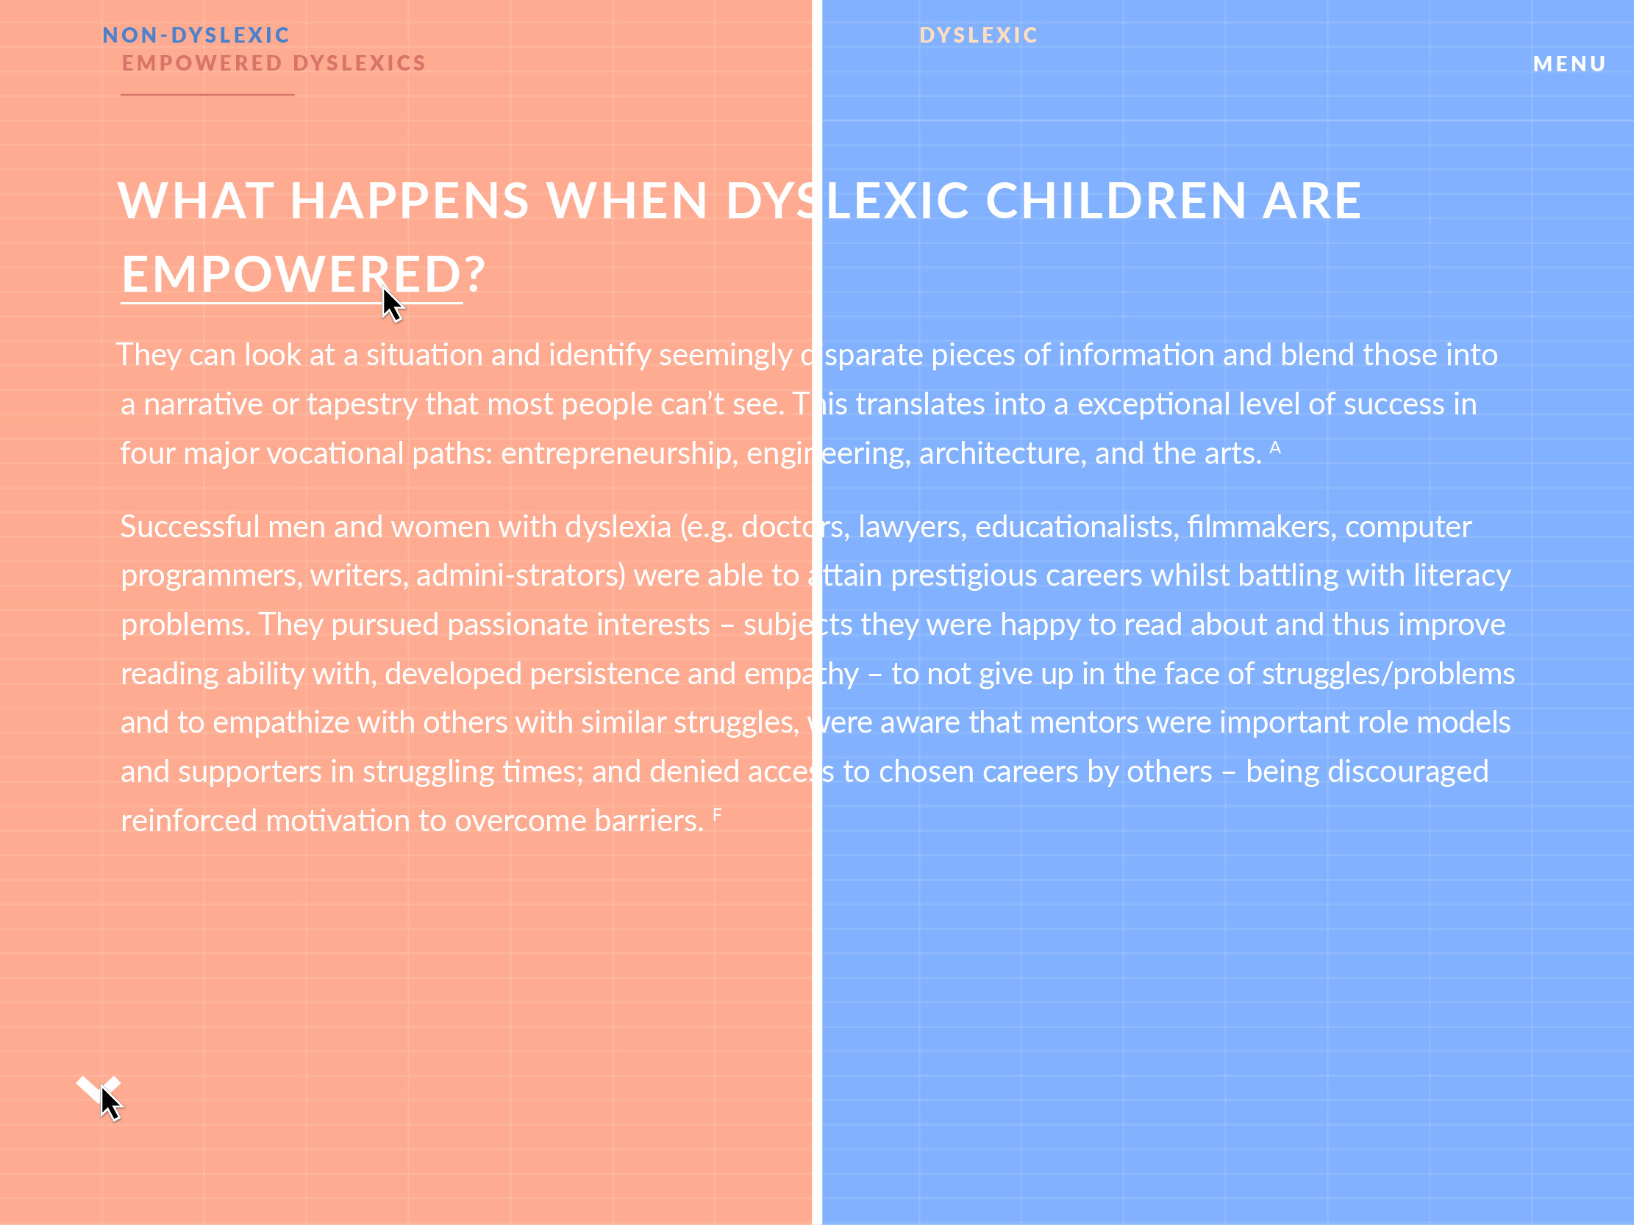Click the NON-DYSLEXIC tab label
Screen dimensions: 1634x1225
tap(196, 35)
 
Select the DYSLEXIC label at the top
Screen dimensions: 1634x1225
tap(979, 35)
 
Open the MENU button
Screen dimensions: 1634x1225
tap(1570, 63)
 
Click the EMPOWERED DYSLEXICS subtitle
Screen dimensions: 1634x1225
tap(274, 62)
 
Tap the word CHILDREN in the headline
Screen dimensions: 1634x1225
tap(1116, 200)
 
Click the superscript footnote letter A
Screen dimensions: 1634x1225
tap(1275, 447)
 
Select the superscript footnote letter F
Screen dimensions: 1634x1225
tap(717, 814)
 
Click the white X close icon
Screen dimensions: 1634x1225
tap(99, 1090)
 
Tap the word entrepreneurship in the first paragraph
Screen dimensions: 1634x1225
tap(619, 453)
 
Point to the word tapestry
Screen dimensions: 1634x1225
tap(362, 405)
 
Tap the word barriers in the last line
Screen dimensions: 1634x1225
tap(649, 821)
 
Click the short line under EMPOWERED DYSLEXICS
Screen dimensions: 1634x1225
tap(207, 95)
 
